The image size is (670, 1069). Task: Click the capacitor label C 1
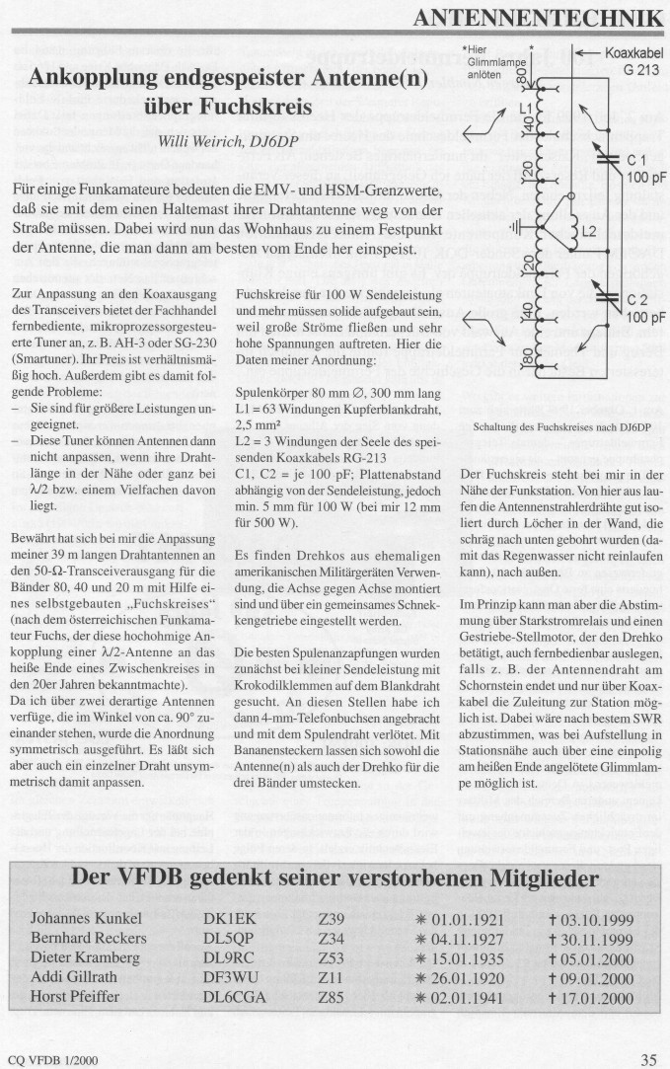tap(636, 159)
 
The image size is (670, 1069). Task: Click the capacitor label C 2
tap(636, 299)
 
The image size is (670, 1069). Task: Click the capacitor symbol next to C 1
tap(602, 158)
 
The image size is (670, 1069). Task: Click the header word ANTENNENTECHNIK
tap(538, 17)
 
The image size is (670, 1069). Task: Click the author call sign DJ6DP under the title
tap(282, 141)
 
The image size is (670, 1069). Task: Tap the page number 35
tap(648, 1060)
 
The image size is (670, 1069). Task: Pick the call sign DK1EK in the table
tap(227, 919)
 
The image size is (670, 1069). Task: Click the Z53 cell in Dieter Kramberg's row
tap(332, 957)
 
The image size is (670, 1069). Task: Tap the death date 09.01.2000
tap(597, 978)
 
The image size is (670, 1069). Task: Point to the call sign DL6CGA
tap(234, 997)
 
